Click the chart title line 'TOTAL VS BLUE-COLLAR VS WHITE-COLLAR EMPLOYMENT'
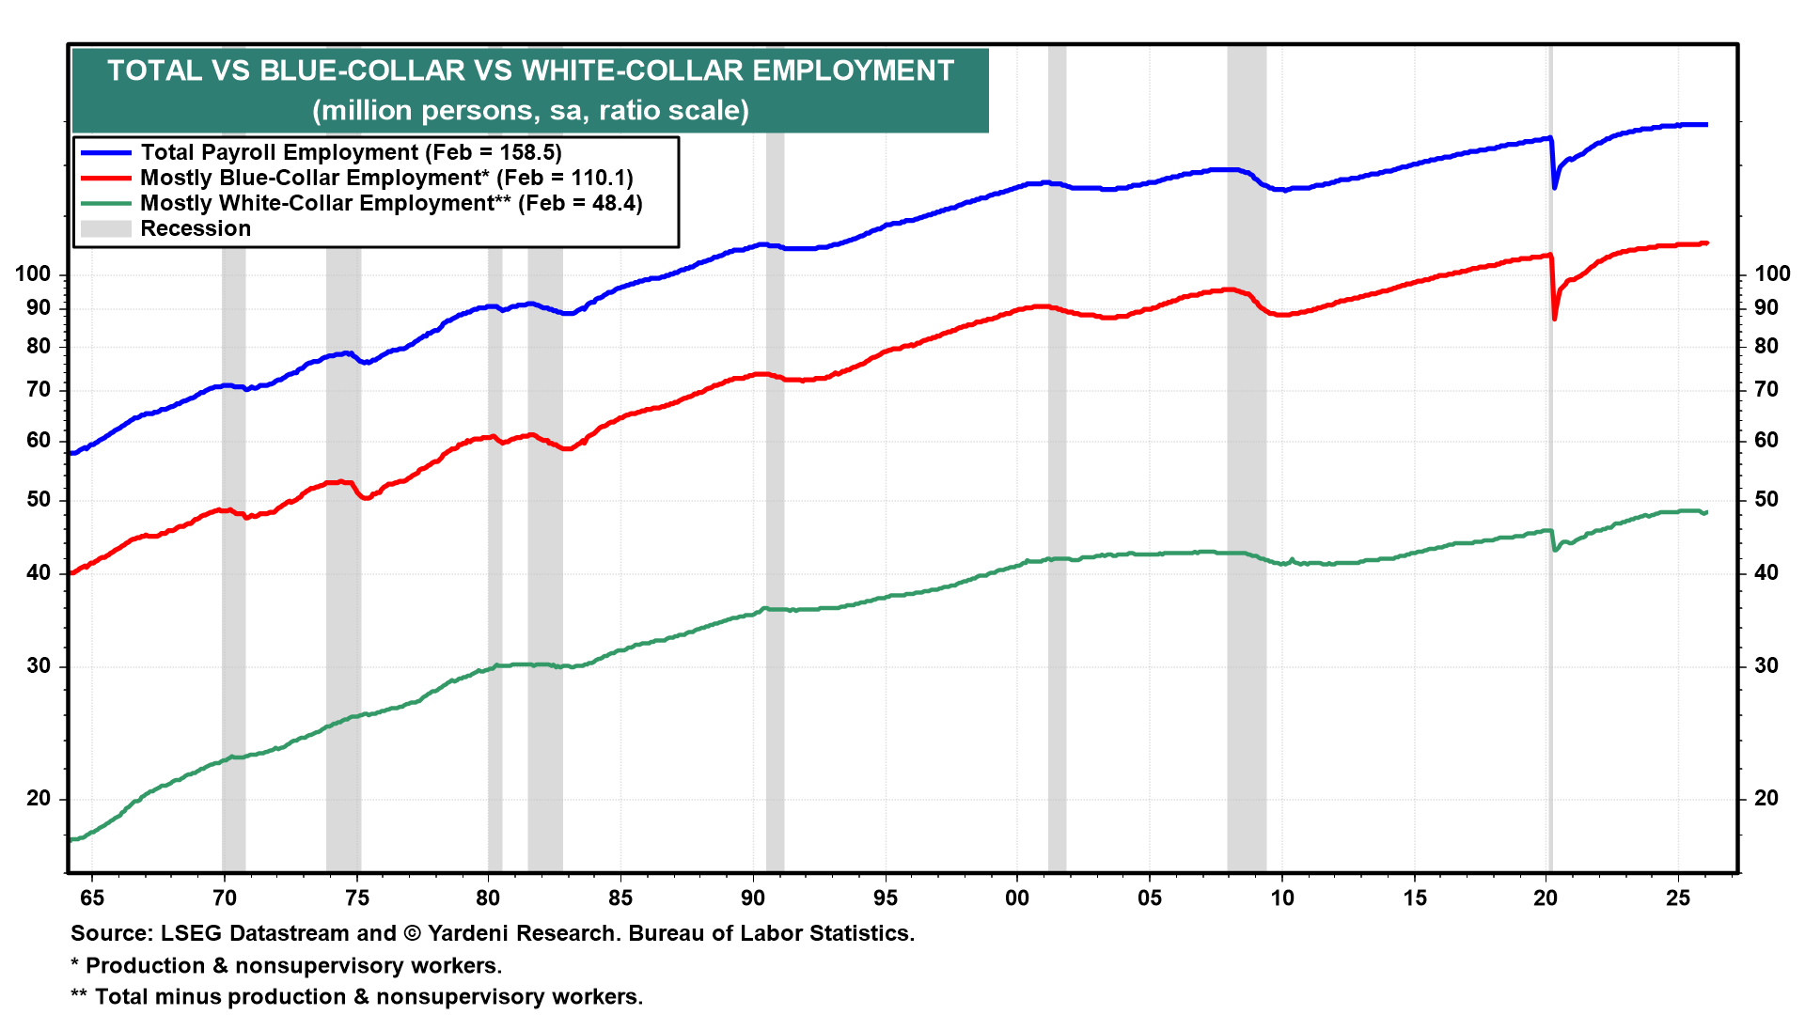[x=530, y=71]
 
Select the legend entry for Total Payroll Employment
[x=351, y=152]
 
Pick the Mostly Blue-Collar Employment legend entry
[x=386, y=178]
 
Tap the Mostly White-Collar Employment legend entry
[x=391, y=203]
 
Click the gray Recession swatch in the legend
[x=105, y=228]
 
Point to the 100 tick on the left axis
[x=33, y=274]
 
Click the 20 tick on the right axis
[x=1766, y=798]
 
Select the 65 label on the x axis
[x=92, y=898]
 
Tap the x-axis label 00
[x=1016, y=898]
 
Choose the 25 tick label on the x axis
[x=1678, y=898]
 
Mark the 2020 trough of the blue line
[x=1554, y=187]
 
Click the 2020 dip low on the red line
[x=1554, y=318]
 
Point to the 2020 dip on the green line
[x=1555, y=549]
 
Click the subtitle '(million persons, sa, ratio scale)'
[x=530, y=111]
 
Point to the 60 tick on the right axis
[x=1766, y=440]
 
